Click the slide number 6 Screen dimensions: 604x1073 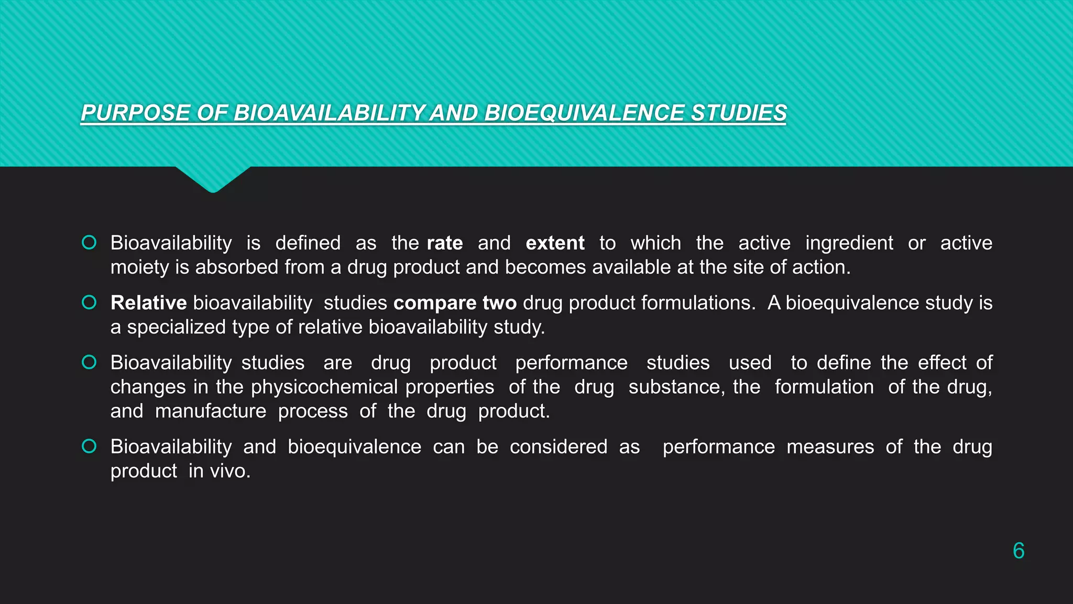(x=1018, y=551)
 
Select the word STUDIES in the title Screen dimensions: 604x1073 (x=738, y=113)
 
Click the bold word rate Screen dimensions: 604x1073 (x=445, y=243)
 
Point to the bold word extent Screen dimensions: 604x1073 (x=555, y=243)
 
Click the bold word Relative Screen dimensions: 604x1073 (x=148, y=303)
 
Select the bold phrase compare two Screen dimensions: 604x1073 (x=455, y=303)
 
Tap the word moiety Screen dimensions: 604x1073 (x=139, y=267)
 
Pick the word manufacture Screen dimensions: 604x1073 (x=211, y=411)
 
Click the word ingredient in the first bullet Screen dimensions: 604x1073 (x=849, y=243)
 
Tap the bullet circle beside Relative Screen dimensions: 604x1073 (x=89, y=303)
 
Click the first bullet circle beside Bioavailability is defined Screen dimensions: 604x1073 (x=89, y=242)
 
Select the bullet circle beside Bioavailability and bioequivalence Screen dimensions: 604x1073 (x=89, y=446)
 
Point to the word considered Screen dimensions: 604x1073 (x=558, y=447)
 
